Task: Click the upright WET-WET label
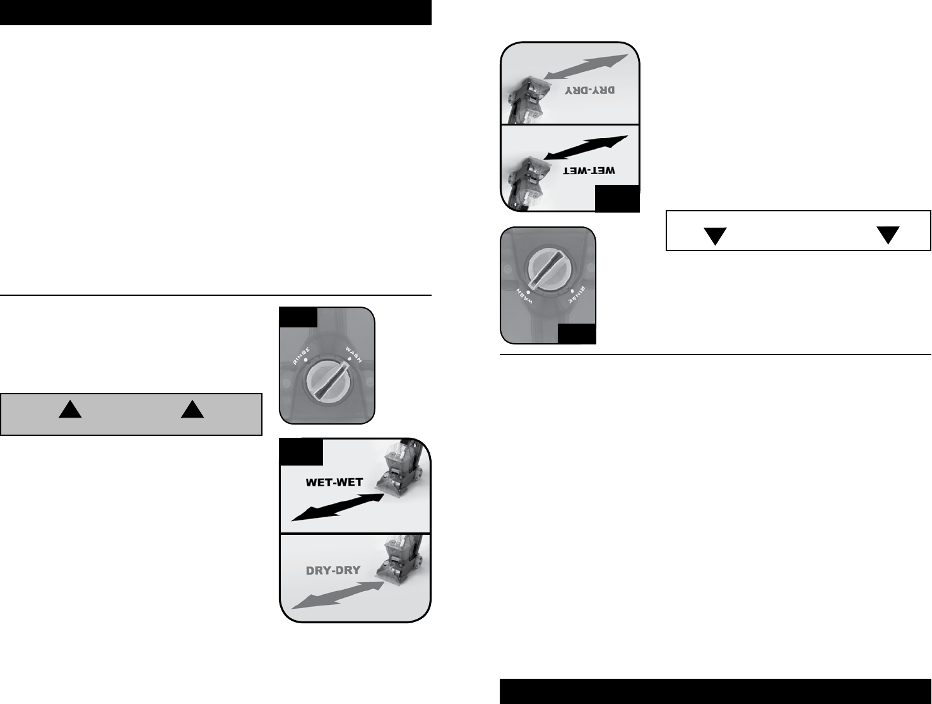tap(334, 483)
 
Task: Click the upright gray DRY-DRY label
tap(333, 570)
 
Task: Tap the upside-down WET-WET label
tap(589, 171)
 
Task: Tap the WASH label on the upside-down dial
tap(523, 294)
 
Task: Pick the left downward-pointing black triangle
tap(716, 236)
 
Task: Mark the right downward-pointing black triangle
tap(888, 235)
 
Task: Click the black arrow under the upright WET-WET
tap(338, 507)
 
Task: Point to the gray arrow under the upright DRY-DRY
tap(338, 595)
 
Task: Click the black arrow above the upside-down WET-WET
tap(586, 149)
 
